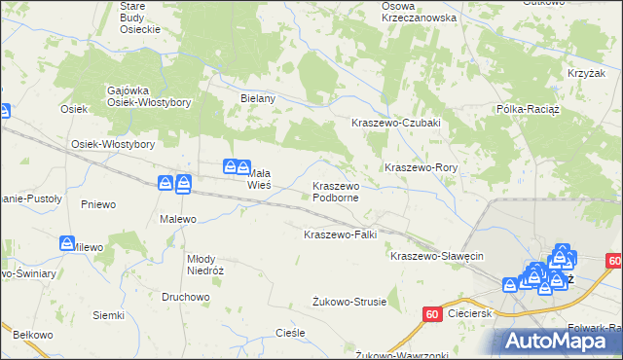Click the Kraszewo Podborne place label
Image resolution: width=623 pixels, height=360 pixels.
pyautogui.click(x=336, y=192)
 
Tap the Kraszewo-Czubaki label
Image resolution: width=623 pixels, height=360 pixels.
pyautogui.click(x=396, y=123)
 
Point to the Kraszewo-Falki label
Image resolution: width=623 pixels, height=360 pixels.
pyautogui.click(x=340, y=234)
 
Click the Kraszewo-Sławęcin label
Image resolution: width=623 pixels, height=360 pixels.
pyautogui.click(x=437, y=256)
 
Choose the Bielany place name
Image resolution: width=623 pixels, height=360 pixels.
pyautogui.click(x=259, y=98)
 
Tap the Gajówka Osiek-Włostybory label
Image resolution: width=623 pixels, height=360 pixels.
pyautogui.click(x=148, y=96)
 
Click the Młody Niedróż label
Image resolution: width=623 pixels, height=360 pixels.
pyautogui.click(x=205, y=265)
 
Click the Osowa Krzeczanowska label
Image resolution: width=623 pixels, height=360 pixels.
pyautogui.click(x=419, y=12)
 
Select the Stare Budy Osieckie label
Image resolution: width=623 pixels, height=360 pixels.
pyautogui.click(x=139, y=18)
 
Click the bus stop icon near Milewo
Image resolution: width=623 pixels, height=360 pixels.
pyautogui.click(x=67, y=242)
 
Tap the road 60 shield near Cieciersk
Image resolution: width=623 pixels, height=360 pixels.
pyautogui.click(x=432, y=313)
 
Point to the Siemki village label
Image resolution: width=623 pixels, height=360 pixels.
pyautogui.click(x=108, y=315)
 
